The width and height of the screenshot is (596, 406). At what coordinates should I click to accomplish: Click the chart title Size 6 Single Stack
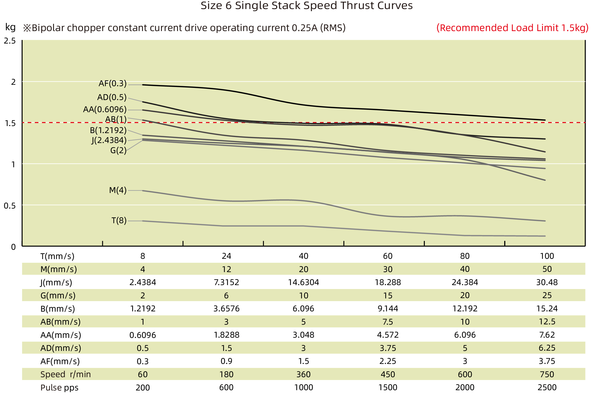pyautogui.click(x=306, y=6)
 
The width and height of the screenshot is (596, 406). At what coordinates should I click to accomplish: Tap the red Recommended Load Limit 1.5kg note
pyautogui.click(x=512, y=28)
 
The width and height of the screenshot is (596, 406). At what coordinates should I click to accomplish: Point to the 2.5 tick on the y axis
pyautogui.click(x=10, y=41)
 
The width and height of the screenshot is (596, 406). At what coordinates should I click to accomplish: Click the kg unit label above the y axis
pyautogui.click(x=10, y=27)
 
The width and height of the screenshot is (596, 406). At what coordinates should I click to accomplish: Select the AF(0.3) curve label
pyautogui.click(x=112, y=84)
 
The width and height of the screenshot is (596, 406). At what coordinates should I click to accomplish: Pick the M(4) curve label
pyautogui.click(x=118, y=190)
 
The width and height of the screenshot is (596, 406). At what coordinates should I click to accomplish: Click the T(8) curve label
pyautogui.click(x=119, y=220)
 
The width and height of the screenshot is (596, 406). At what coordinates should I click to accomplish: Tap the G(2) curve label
pyautogui.click(x=118, y=150)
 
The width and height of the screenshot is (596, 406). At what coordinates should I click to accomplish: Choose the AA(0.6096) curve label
pyautogui.click(x=105, y=110)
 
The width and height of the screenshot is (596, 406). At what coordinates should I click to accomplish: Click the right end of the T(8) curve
pyautogui.click(x=545, y=236)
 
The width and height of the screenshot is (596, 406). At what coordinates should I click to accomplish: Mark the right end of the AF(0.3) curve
pyautogui.click(x=545, y=120)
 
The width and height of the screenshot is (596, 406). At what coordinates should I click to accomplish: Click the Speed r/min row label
pyautogui.click(x=66, y=374)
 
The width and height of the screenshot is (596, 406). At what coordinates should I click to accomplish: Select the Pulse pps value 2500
pyautogui.click(x=547, y=387)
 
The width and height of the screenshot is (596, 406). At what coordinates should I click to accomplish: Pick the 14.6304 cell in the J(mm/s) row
pyautogui.click(x=303, y=282)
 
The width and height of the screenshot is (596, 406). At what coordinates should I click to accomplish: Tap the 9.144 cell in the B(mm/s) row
pyautogui.click(x=388, y=309)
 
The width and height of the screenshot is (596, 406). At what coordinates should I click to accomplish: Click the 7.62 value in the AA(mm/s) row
pyautogui.click(x=547, y=335)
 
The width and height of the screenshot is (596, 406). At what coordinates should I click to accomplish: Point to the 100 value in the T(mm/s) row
pyautogui.click(x=547, y=256)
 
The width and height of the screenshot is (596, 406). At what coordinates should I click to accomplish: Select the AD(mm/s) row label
pyautogui.click(x=60, y=348)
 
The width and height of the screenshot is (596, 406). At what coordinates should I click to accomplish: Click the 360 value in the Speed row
pyautogui.click(x=303, y=374)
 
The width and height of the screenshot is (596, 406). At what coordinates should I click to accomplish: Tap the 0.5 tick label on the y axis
pyautogui.click(x=10, y=206)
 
